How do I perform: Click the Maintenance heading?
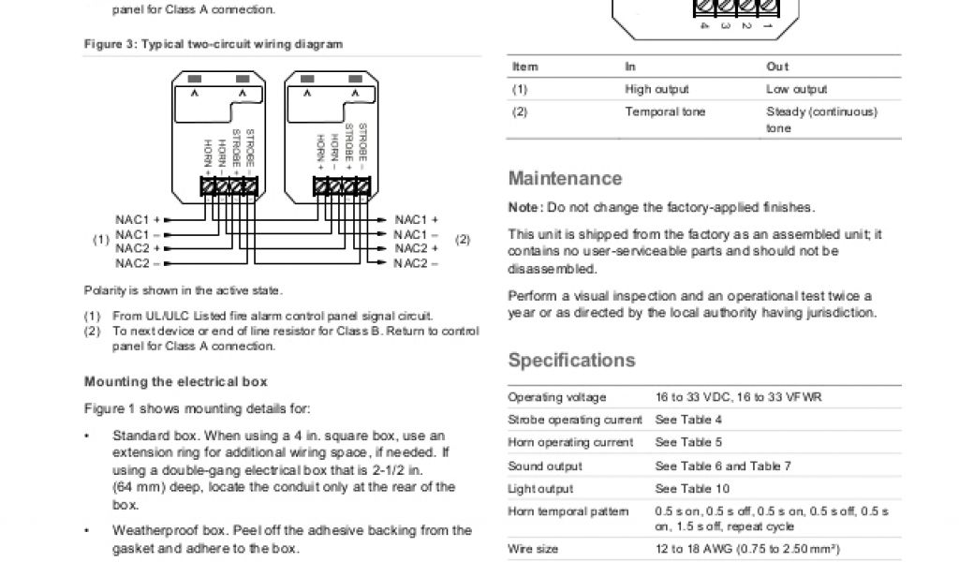pyautogui.click(x=565, y=178)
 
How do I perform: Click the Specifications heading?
pyautogui.click(x=571, y=361)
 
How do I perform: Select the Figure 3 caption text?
pyautogui.click(x=214, y=44)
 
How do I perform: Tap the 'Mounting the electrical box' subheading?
pyautogui.click(x=176, y=381)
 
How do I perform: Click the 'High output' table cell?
pyautogui.click(x=657, y=89)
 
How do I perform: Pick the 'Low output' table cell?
pyautogui.click(x=796, y=89)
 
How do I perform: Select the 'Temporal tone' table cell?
pyautogui.click(x=665, y=111)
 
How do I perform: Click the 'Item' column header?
pyautogui.click(x=524, y=67)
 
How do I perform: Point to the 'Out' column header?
pyautogui.click(x=777, y=67)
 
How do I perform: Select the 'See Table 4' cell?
pyautogui.click(x=688, y=420)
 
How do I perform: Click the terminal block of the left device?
pyautogui.click(x=229, y=186)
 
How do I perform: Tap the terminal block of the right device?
pyautogui.click(x=339, y=186)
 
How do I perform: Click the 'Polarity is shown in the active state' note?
pyautogui.click(x=183, y=290)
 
